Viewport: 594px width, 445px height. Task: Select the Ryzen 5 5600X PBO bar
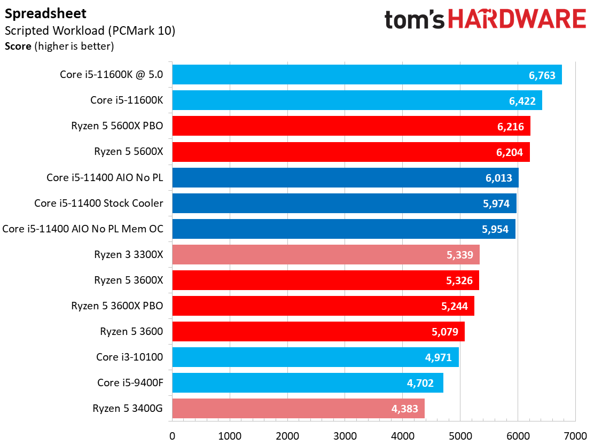[x=351, y=127]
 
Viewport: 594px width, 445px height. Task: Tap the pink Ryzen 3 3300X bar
[x=326, y=255]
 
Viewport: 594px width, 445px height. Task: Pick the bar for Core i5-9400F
[x=308, y=383]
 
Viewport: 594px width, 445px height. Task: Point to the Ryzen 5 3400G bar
[x=298, y=409]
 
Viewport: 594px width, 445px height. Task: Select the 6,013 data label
[x=498, y=178]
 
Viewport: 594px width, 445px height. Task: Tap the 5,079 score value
[x=444, y=332]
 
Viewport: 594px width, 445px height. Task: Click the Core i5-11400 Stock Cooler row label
[x=99, y=203]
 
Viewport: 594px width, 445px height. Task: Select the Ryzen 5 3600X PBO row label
[x=117, y=306]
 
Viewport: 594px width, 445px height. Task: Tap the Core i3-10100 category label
[x=129, y=357]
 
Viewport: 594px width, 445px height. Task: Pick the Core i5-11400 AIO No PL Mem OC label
[x=83, y=229]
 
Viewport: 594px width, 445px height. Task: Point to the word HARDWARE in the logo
[x=517, y=20]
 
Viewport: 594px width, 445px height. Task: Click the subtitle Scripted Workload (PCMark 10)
[x=90, y=30]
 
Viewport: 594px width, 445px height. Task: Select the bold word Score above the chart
[x=18, y=46]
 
